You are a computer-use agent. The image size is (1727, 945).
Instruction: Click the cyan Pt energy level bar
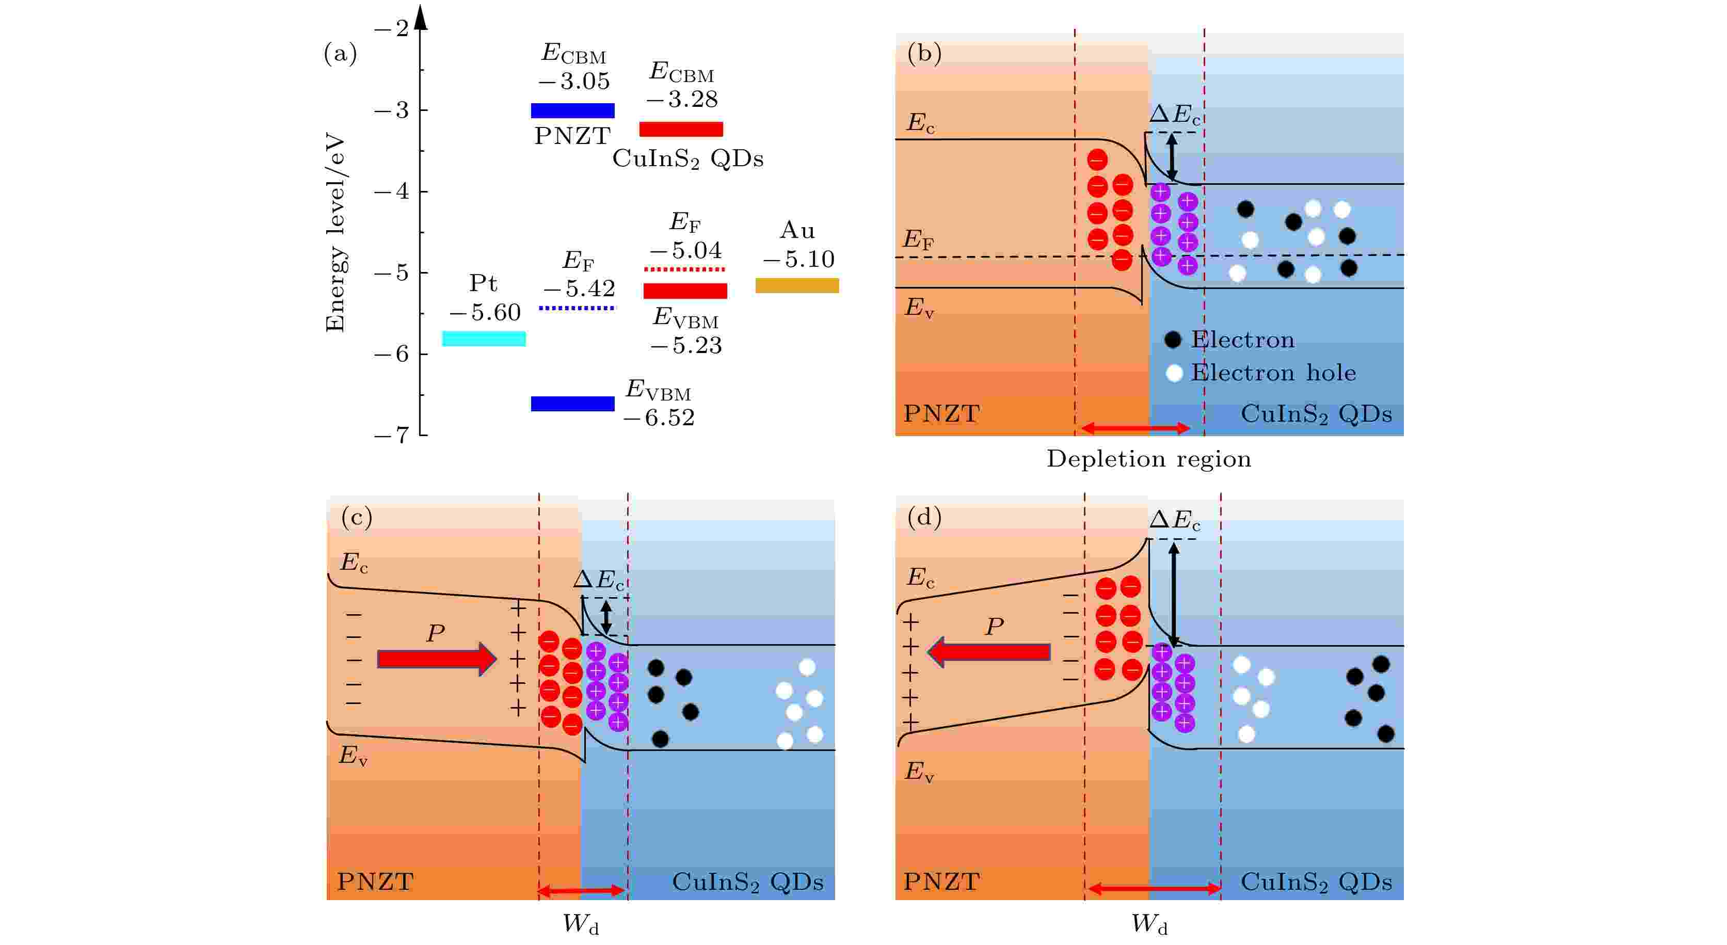pos(484,339)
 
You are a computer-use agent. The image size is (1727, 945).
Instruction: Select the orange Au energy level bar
pos(796,285)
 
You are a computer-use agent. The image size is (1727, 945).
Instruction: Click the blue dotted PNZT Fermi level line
pos(577,308)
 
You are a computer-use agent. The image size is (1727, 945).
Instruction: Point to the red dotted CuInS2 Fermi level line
pos(684,269)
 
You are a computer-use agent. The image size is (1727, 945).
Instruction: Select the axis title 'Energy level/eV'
pos(334,233)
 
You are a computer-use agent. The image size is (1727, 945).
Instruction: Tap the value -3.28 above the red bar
pos(682,99)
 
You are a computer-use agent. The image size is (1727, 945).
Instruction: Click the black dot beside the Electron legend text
pos(1173,340)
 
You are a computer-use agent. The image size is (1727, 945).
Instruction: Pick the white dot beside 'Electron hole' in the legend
pos(1174,373)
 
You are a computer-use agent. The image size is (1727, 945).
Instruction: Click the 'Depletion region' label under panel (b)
pos(1148,459)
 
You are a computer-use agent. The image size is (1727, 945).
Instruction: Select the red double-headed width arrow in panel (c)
pos(581,891)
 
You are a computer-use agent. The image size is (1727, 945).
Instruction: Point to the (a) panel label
pos(340,53)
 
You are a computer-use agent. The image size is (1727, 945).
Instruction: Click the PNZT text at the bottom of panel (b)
pos(941,413)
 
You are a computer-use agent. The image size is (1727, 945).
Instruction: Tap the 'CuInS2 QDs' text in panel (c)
pos(747,882)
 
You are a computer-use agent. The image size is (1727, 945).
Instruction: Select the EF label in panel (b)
pos(919,239)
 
